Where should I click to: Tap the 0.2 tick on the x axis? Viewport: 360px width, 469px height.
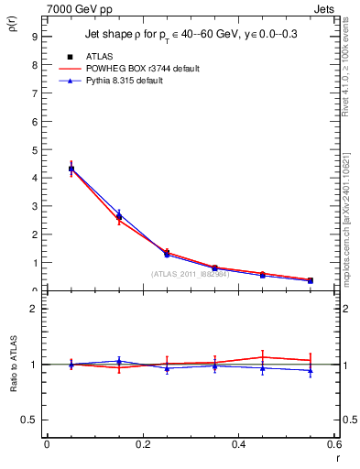(143, 444)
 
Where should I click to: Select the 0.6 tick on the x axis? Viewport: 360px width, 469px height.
(334, 444)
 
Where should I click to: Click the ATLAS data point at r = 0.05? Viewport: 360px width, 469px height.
(71, 169)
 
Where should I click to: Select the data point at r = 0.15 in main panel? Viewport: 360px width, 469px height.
(118, 216)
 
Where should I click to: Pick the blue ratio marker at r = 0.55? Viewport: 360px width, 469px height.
(311, 371)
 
